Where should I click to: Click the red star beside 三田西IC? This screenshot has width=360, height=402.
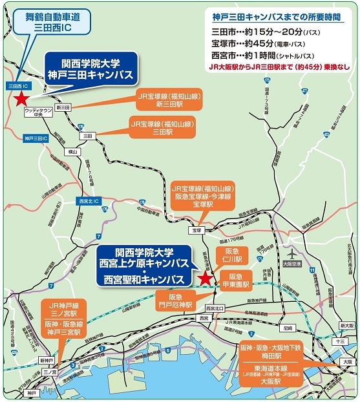coord(21,99)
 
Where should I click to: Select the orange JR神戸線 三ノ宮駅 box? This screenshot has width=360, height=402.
coord(62,308)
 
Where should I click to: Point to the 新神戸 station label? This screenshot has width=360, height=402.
coord(46,360)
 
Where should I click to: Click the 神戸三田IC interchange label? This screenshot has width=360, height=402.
coord(32,138)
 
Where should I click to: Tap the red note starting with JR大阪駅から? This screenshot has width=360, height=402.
coord(280,66)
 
